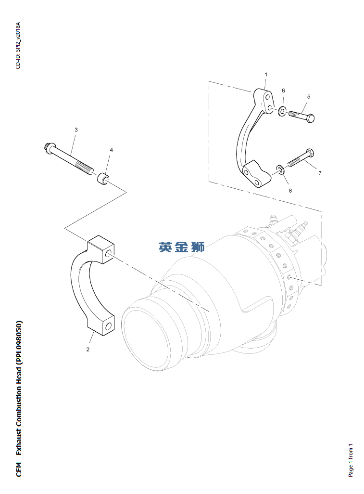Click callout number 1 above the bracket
266,75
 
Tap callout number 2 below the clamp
88,349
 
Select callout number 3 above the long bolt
76,130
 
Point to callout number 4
111,150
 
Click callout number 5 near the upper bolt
309,97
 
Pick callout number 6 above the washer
283,91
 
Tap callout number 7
320,173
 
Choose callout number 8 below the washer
290,191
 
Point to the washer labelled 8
280,169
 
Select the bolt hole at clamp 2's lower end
109,326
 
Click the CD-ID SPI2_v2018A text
18,45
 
